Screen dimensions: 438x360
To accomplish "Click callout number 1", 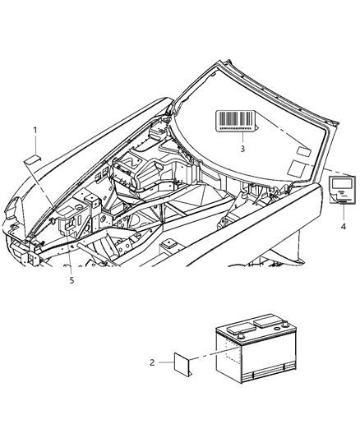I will click(35, 131).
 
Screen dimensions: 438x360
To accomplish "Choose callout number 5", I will click(71, 280).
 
